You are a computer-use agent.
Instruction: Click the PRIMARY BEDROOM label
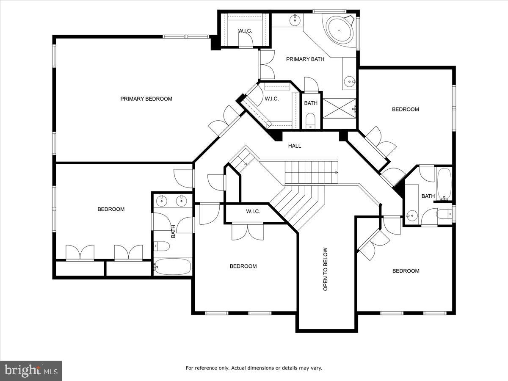pos(146,99)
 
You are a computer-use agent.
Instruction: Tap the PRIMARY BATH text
pos(305,59)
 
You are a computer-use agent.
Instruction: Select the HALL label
pos(295,146)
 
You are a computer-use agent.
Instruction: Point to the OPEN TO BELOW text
pos(326,269)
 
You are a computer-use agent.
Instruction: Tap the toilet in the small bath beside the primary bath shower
pos(311,121)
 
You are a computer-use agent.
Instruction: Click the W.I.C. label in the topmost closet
pos(245,30)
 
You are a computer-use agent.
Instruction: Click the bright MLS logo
pos(31,371)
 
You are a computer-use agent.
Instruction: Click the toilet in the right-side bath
pos(444,215)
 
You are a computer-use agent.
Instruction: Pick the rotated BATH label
pos(173,232)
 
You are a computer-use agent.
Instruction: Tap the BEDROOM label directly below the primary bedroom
pos(111,209)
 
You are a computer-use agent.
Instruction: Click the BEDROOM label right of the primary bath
pos(405,109)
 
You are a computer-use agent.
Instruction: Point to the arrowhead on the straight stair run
pos(337,172)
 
